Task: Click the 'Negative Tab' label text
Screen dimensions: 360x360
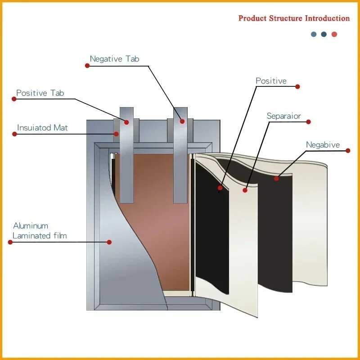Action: pos(114,59)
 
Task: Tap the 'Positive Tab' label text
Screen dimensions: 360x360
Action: pos(40,93)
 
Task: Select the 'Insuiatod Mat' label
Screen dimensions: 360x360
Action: pos(42,128)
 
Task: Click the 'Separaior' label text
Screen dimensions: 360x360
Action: pos(283,116)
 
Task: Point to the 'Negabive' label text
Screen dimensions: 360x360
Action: pos(323,145)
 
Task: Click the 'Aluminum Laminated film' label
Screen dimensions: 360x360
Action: pos(40,231)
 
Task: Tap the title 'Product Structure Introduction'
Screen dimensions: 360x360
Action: pos(294,18)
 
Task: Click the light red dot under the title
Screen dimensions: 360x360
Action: pos(334,35)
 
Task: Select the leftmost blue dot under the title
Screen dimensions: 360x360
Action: pos(314,35)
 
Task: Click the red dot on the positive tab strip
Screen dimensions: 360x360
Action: pos(126,122)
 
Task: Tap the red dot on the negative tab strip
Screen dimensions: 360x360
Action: pos(182,121)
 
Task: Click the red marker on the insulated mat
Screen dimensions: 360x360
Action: pos(117,134)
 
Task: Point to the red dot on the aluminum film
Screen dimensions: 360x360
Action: pos(109,242)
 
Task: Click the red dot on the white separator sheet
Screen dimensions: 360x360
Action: pos(245,190)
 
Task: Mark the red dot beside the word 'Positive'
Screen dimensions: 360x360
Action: pos(297,86)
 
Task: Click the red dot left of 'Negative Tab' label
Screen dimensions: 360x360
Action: pos(87,66)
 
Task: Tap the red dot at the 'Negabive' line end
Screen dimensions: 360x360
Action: pos(348,151)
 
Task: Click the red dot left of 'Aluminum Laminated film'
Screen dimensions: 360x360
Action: pos(10,242)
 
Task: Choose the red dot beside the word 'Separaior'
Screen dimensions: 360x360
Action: pos(309,122)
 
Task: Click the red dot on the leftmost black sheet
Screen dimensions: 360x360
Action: pos(220,188)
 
